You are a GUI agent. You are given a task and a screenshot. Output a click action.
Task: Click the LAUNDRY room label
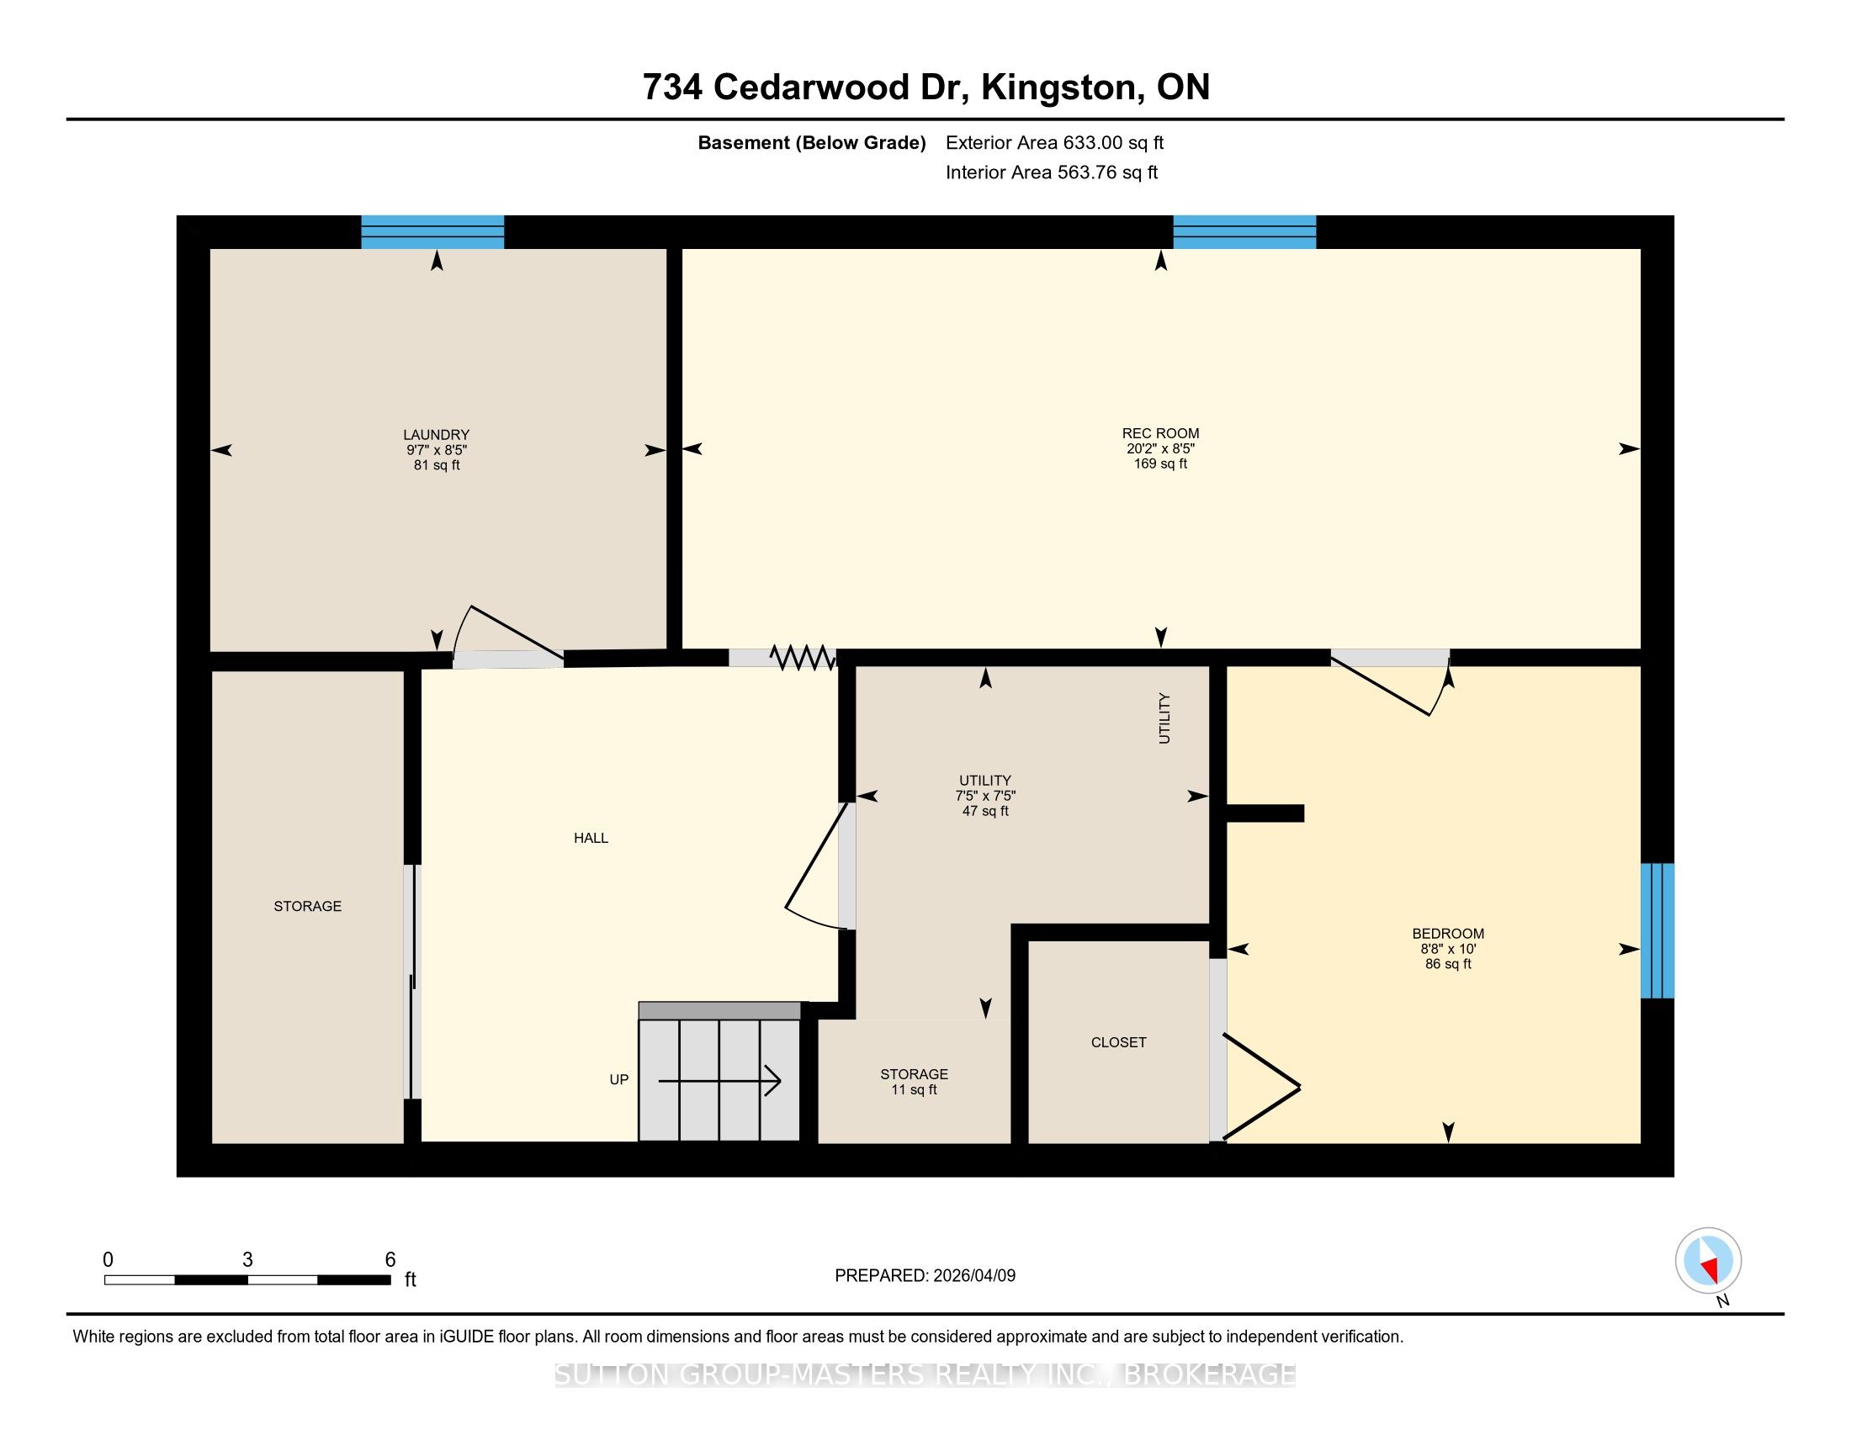437,435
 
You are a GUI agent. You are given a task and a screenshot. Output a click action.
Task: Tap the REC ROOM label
1160,434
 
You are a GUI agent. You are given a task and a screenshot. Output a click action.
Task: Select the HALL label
591,838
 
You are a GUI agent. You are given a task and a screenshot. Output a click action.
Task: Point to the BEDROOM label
1448,934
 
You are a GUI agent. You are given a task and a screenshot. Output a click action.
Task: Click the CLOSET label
1118,1042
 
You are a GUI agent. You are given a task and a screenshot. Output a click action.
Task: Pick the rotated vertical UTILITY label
1164,718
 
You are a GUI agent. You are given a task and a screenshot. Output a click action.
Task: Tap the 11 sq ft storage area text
914,1089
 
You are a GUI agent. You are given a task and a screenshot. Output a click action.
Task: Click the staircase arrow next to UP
719,1080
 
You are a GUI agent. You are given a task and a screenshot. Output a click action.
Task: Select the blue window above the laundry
432,232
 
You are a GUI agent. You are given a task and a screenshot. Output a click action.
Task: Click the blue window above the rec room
1244,232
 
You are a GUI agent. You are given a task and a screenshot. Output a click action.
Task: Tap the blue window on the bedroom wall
1657,930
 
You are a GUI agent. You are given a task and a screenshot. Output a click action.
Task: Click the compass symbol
1708,1260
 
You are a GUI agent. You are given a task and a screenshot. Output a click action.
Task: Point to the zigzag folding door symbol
802,657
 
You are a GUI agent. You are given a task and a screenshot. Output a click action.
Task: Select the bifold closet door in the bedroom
1261,1086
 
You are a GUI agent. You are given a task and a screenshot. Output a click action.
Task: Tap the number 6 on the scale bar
390,1259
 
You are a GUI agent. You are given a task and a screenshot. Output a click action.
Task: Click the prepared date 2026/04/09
973,1275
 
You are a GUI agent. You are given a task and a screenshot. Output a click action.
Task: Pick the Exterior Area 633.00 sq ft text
1054,142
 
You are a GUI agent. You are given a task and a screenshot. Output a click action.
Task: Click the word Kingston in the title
1058,87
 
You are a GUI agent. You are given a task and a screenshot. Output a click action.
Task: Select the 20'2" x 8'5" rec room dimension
1160,449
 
